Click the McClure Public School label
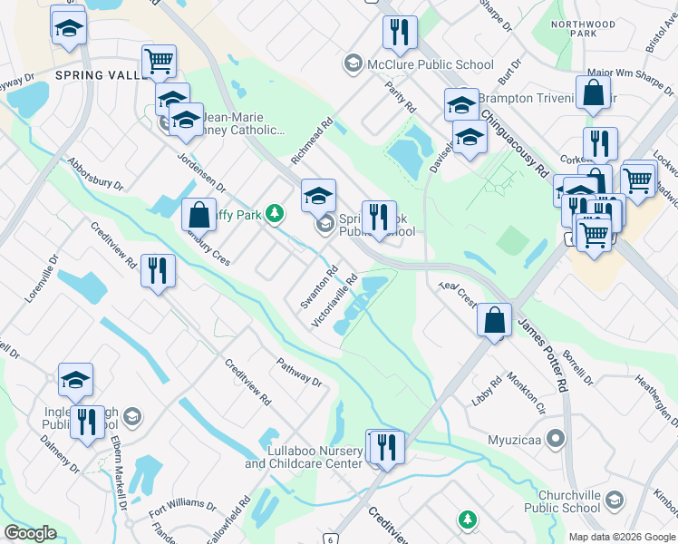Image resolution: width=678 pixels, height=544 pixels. click(431, 64)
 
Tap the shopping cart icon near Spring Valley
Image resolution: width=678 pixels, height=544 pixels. click(159, 62)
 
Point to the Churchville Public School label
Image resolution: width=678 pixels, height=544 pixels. click(556, 500)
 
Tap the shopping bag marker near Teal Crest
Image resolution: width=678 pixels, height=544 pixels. click(493, 321)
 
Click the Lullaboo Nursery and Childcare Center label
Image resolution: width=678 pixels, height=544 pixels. click(303, 457)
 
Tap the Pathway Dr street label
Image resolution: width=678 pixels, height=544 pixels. click(301, 372)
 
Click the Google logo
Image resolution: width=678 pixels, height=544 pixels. click(30, 533)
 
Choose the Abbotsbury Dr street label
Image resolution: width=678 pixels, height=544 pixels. click(95, 173)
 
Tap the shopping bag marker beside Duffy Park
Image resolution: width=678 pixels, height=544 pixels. click(199, 216)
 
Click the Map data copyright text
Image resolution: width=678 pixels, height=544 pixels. click(622, 536)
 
